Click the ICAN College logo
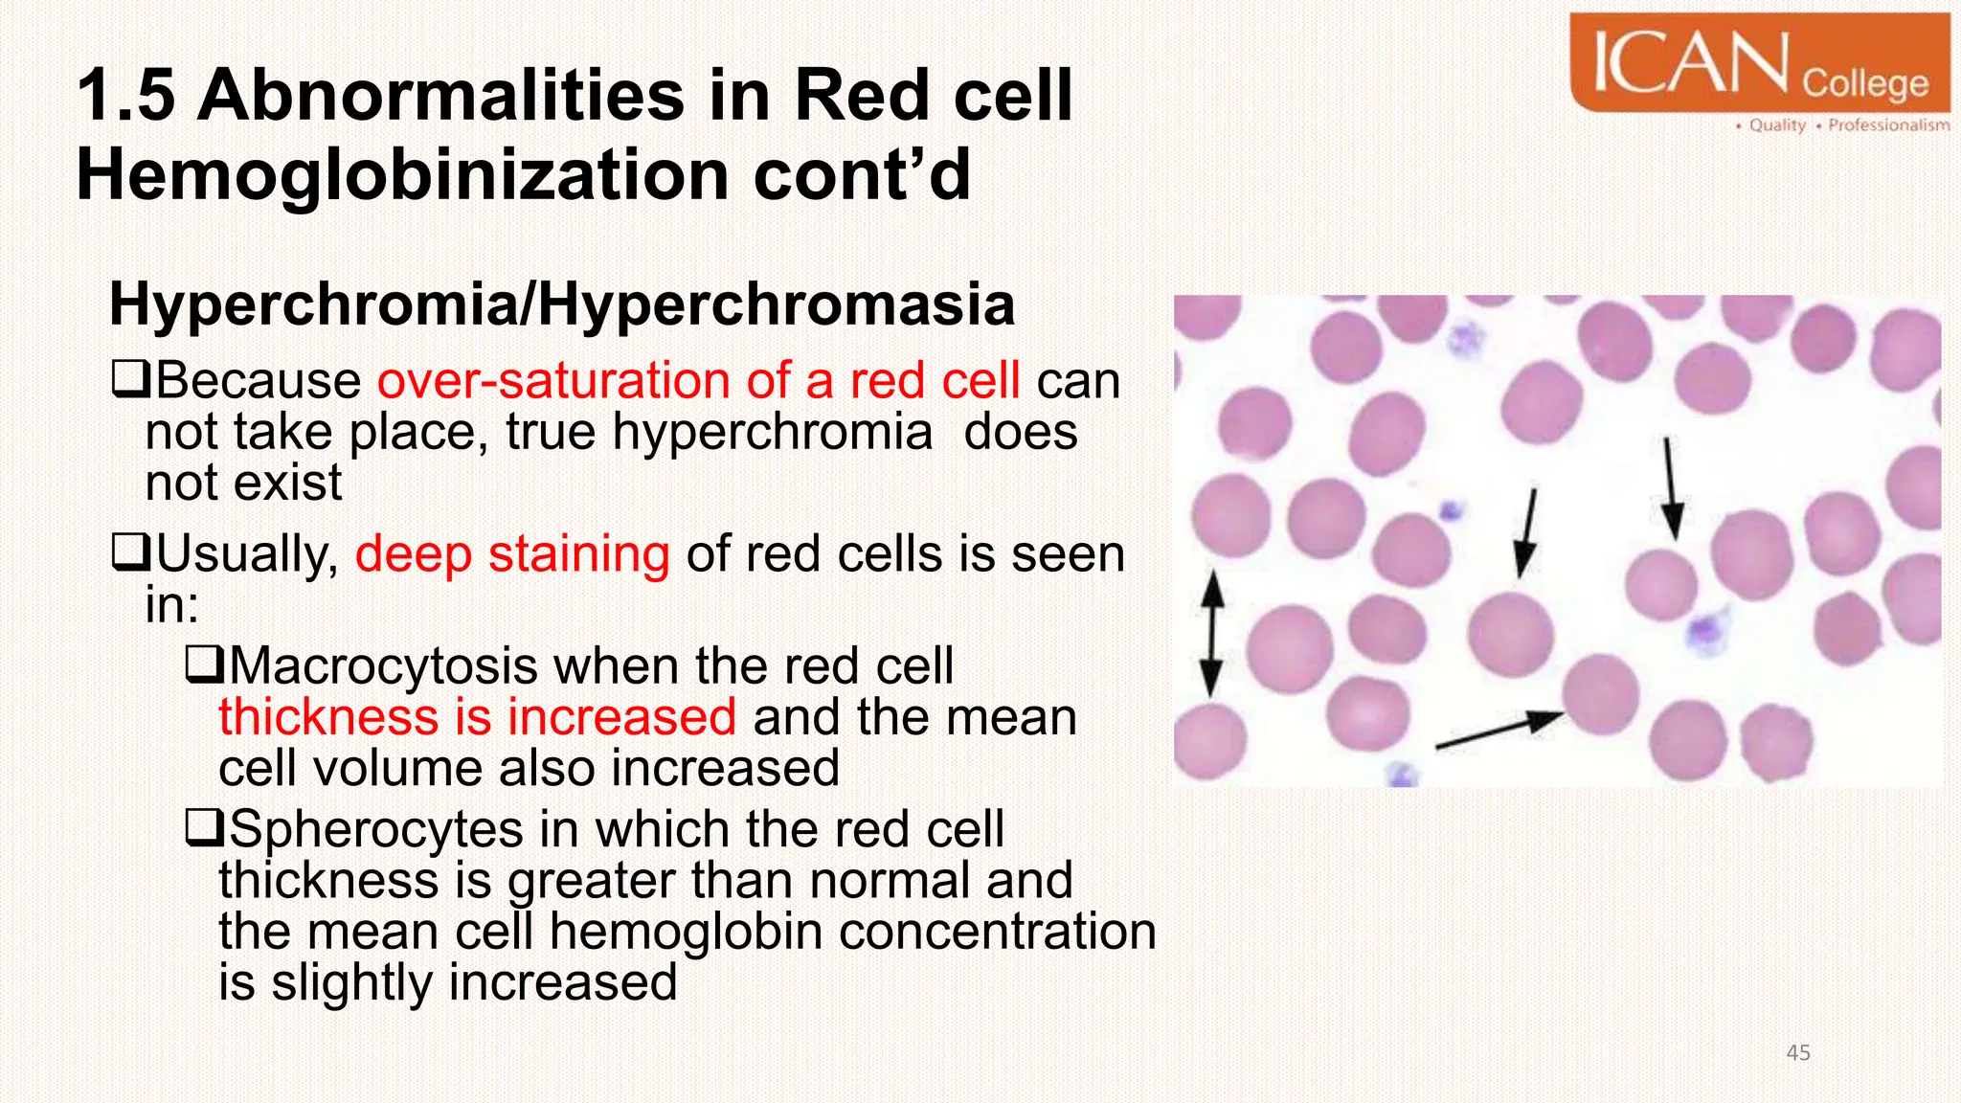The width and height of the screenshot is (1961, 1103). point(1759,63)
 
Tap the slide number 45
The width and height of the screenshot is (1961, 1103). point(1797,1053)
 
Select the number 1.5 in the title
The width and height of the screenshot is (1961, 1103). point(125,96)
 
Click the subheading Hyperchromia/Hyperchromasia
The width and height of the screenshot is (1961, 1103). point(562,304)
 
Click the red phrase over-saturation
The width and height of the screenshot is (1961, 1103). point(552,380)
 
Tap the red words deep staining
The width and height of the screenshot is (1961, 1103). point(511,554)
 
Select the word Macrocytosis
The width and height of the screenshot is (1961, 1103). point(383,665)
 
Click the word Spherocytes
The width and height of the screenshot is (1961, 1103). point(375,829)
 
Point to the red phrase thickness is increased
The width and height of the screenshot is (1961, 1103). point(477,717)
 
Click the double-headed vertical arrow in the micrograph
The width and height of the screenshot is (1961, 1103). point(1212,633)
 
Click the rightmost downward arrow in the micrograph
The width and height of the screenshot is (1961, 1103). point(1670,488)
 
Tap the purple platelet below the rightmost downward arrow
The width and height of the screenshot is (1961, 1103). point(1706,630)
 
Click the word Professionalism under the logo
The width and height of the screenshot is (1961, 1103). point(1887,125)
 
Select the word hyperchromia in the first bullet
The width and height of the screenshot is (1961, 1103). point(772,432)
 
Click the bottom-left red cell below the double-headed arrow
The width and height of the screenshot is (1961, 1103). point(1210,739)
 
